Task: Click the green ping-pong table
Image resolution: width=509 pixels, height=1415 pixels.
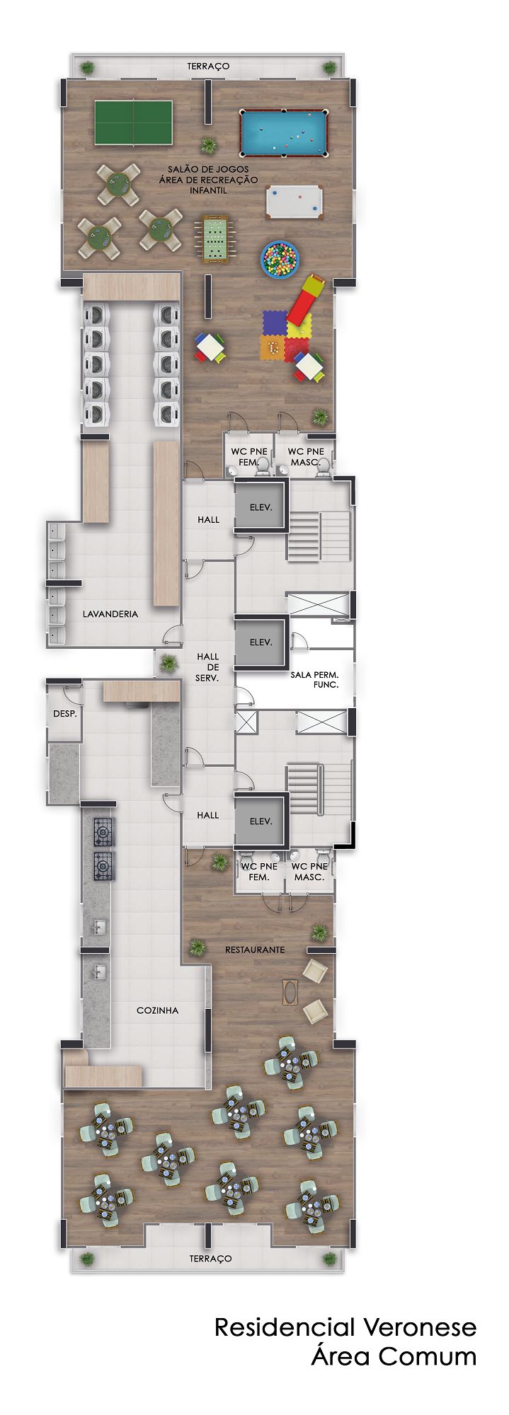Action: tap(134, 122)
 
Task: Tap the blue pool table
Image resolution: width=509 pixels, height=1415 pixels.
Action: tap(284, 132)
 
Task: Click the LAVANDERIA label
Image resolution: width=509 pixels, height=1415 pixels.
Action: tap(110, 614)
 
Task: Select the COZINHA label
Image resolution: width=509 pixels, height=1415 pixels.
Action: tap(157, 1010)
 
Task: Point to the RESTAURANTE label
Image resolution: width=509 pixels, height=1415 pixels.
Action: tap(255, 949)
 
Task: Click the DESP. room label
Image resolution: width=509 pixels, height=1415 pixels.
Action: tap(65, 714)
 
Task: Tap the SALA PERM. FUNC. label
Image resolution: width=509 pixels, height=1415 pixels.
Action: tap(315, 680)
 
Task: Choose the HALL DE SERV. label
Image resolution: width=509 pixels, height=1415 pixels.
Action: tap(208, 667)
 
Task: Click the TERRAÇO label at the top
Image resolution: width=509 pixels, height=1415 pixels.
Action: tap(208, 66)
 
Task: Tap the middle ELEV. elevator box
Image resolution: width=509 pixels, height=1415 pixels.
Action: tap(261, 642)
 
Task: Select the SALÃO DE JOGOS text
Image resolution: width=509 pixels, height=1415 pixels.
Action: tap(208, 169)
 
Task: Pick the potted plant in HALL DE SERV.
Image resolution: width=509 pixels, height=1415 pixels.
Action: tap(168, 663)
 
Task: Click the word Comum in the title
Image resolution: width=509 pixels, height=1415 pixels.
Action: tap(427, 1357)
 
